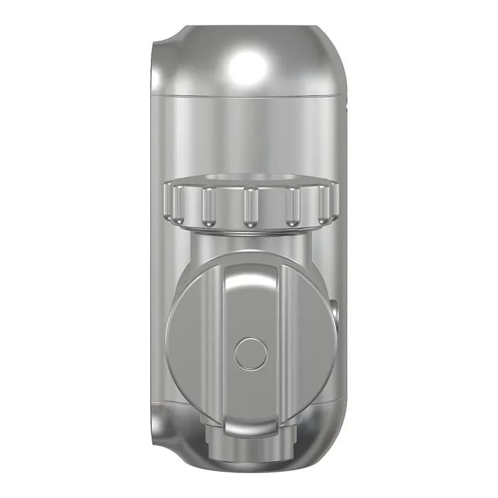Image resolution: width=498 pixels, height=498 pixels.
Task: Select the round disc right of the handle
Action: pos(309,341)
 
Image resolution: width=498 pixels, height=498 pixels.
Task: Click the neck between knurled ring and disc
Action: pos(249,245)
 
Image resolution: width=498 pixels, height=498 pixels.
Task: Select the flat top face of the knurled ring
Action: pos(249,181)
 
